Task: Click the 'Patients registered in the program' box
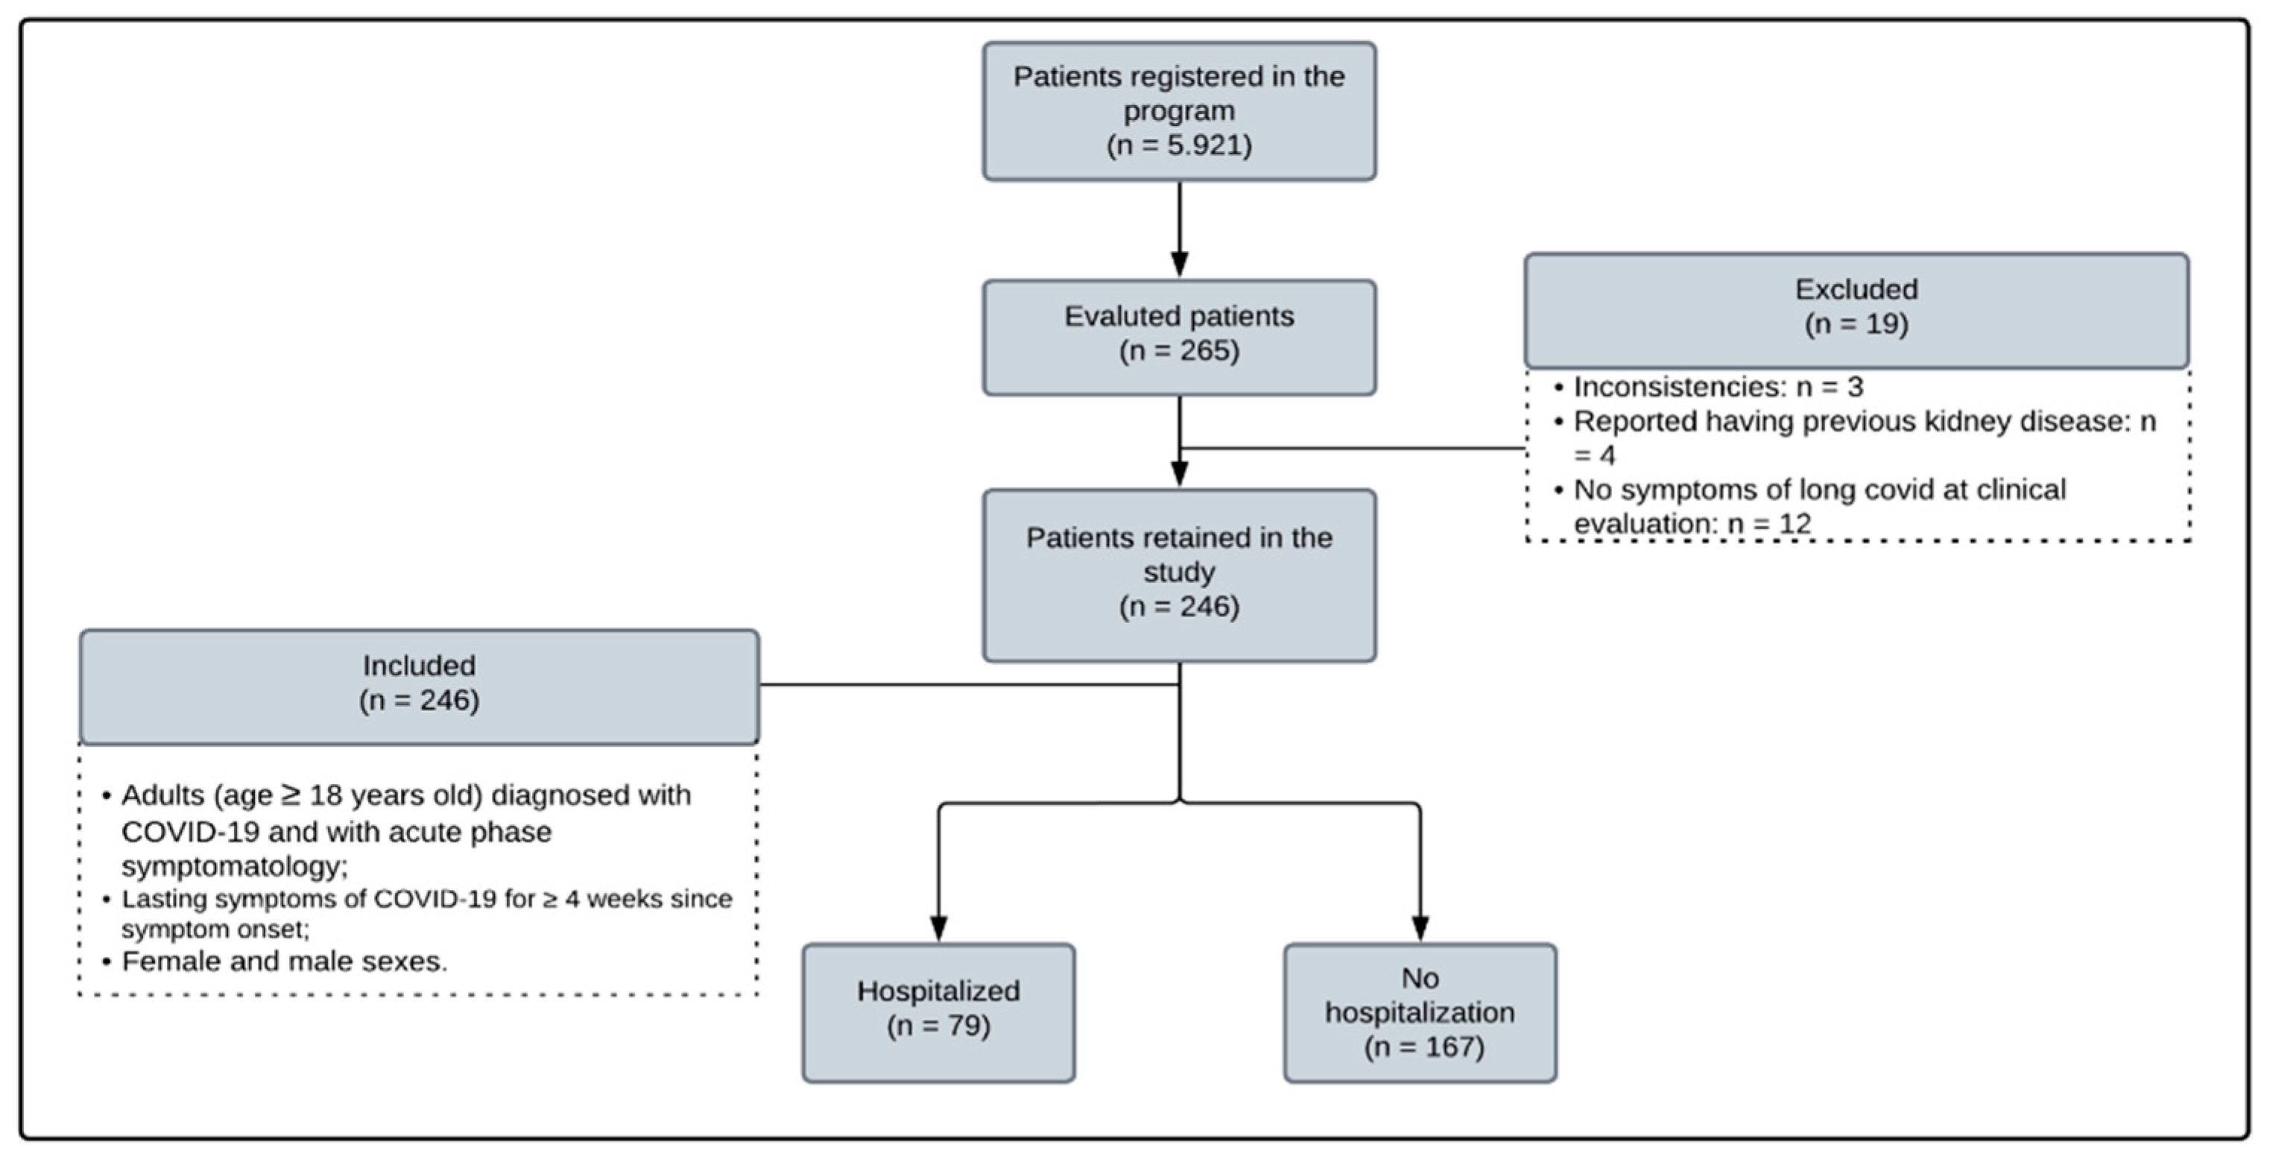[x=1179, y=111]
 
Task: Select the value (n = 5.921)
[x=1179, y=145]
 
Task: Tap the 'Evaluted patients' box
[x=1179, y=337]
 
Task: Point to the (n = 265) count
[x=1179, y=351]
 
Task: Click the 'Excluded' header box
[x=1856, y=310]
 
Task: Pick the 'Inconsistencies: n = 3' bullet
[x=1717, y=388]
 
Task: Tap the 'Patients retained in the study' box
[x=1179, y=574]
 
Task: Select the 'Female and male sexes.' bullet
[x=284, y=962]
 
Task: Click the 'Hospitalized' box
[x=938, y=1011]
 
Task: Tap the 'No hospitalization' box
[x=1419, y=1011]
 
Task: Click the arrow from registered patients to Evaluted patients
[x=1179, y=230]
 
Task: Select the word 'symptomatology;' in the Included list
[x=235, y=867]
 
